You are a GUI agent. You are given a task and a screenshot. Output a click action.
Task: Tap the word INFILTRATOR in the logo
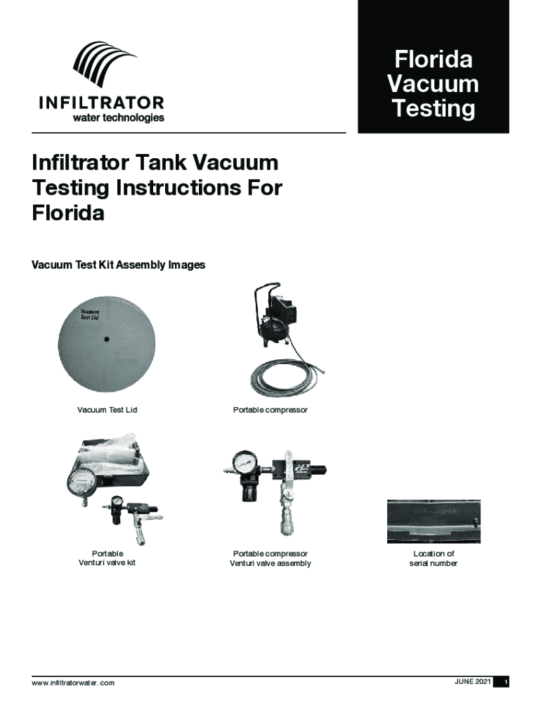(101, 103)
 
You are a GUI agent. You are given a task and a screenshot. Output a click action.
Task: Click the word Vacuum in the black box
(433, 84)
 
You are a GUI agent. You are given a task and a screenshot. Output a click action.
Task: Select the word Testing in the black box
(434, 109)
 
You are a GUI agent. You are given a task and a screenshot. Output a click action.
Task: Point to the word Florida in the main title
(68, 212)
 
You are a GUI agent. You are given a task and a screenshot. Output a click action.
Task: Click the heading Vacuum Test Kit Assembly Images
(118, 265)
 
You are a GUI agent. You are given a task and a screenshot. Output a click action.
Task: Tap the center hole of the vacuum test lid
(107, 340)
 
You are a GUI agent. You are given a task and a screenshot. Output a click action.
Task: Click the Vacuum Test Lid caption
(107, 410)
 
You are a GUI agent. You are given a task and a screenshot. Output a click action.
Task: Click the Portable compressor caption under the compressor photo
(270, 410)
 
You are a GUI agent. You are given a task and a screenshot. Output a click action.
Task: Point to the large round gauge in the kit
(83, 484)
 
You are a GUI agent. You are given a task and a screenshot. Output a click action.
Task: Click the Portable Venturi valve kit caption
(107, 558)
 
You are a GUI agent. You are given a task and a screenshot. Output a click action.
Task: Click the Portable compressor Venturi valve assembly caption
(270, 558)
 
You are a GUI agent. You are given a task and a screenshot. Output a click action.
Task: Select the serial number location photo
(434, 521)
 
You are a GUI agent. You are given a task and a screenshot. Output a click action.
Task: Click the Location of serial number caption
(434, 558)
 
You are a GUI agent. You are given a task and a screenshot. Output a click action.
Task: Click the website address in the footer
(73, 683)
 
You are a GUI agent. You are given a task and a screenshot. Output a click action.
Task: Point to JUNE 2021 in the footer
(473, 682)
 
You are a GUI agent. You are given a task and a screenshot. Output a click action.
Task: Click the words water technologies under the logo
(118, 118)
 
